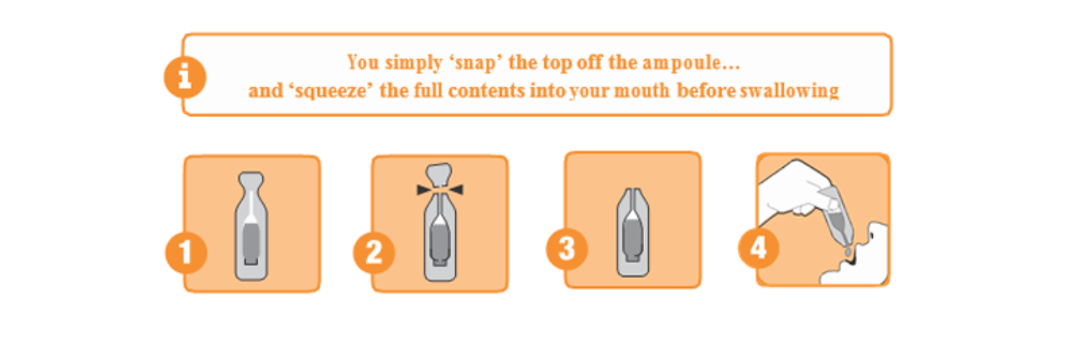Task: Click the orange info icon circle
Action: point(185,77)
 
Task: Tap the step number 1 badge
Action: point(187,252)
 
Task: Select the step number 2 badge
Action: point(374,252)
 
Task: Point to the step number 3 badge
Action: point(567,248)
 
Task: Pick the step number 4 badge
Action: point(759,248)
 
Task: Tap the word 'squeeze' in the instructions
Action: point(331,91)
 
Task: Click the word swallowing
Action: point(789,91)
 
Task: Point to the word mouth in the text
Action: point(642,91)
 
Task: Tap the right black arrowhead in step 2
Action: point(454,190)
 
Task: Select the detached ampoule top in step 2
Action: point(440,175)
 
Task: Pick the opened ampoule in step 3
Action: point(633,233)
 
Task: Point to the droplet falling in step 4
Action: point(848,251)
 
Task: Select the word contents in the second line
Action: point(486,91)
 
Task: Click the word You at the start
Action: point(364,62)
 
